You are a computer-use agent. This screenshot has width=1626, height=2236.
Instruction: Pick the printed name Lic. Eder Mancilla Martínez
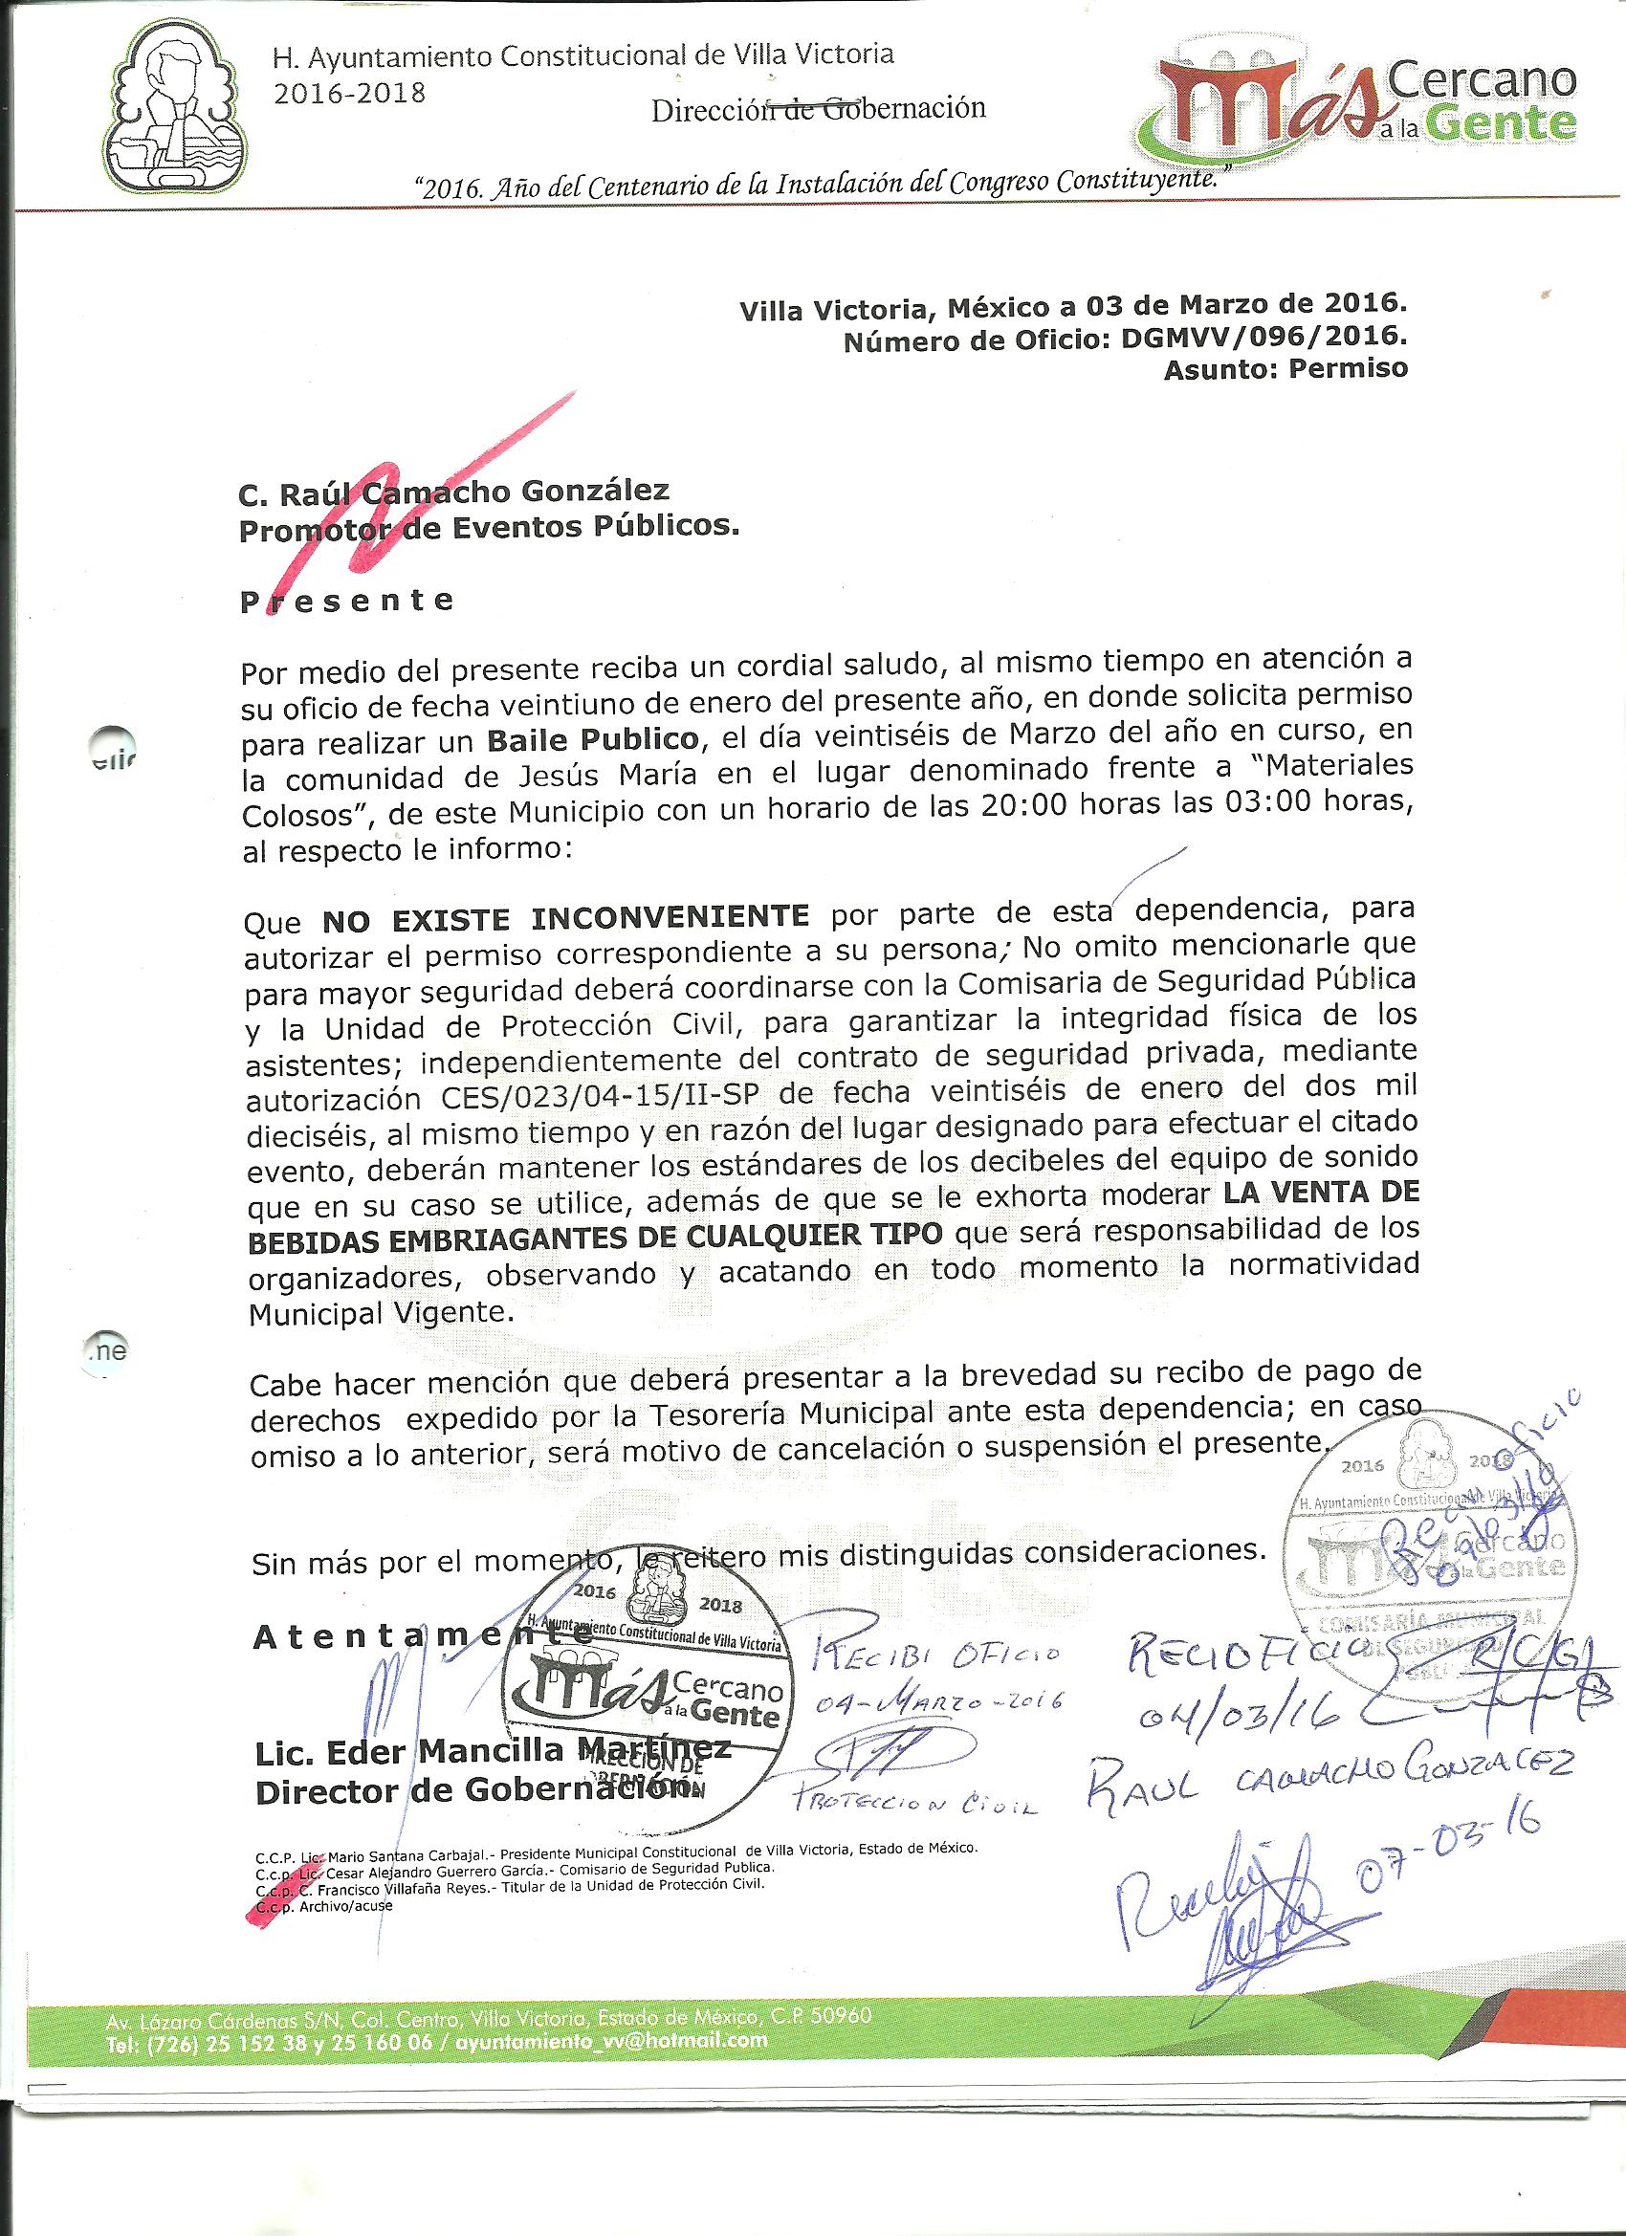[493, 1752]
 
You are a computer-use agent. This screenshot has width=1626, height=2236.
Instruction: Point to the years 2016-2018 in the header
[349, 93]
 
